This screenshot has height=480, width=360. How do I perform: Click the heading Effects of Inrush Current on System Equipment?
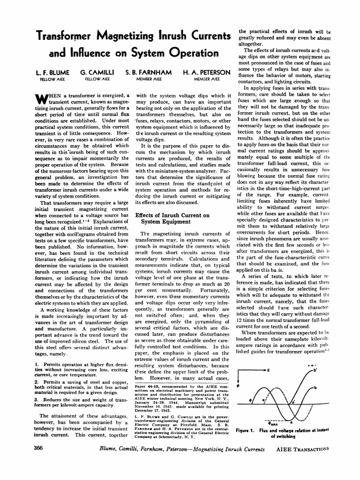(172, 218)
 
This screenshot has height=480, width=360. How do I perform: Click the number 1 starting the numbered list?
(37, 364)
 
